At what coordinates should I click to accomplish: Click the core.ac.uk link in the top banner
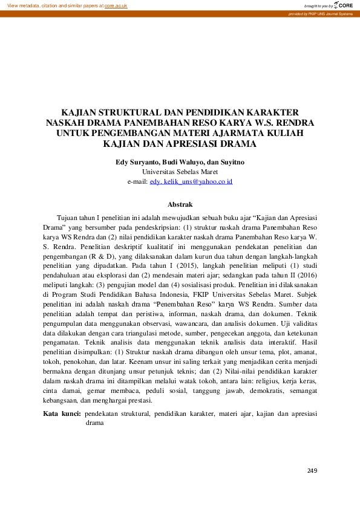116,5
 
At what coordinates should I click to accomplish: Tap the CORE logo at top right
342,5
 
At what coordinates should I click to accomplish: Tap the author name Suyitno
229,162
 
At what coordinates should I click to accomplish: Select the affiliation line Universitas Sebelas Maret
180,172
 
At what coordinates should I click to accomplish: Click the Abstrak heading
180,205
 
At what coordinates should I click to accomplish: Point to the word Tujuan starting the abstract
69,216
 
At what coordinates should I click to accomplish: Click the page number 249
312,471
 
